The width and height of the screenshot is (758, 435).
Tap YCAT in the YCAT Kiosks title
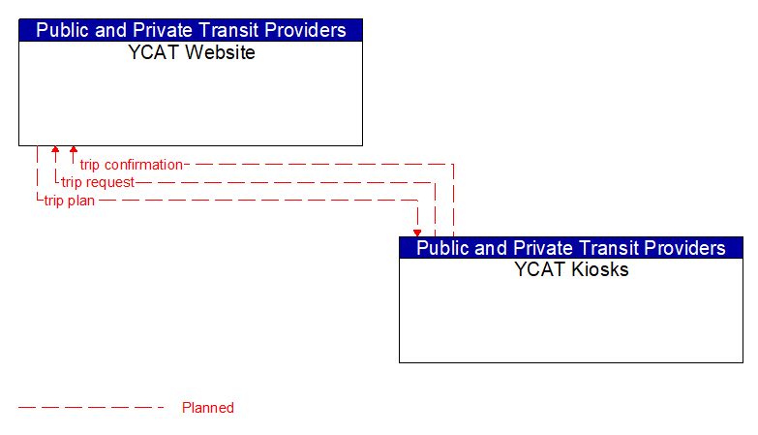click(x=537, y=270)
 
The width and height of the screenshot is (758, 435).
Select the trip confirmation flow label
click(x=131, y=165)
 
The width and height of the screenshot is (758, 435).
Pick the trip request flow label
click(x=98, y=182)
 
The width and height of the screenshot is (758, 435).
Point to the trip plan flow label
click(x=69, y=201)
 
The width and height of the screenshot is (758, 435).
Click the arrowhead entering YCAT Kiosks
click(x=417, y=233)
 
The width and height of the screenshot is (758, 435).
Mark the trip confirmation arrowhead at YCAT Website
click(x=74, y=150)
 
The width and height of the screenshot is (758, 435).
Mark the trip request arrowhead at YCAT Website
click(x=55, y=150)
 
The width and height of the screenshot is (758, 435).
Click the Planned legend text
click(x=208, y=408)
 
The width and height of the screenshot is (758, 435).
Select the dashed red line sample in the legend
click(x=92, y=408)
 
